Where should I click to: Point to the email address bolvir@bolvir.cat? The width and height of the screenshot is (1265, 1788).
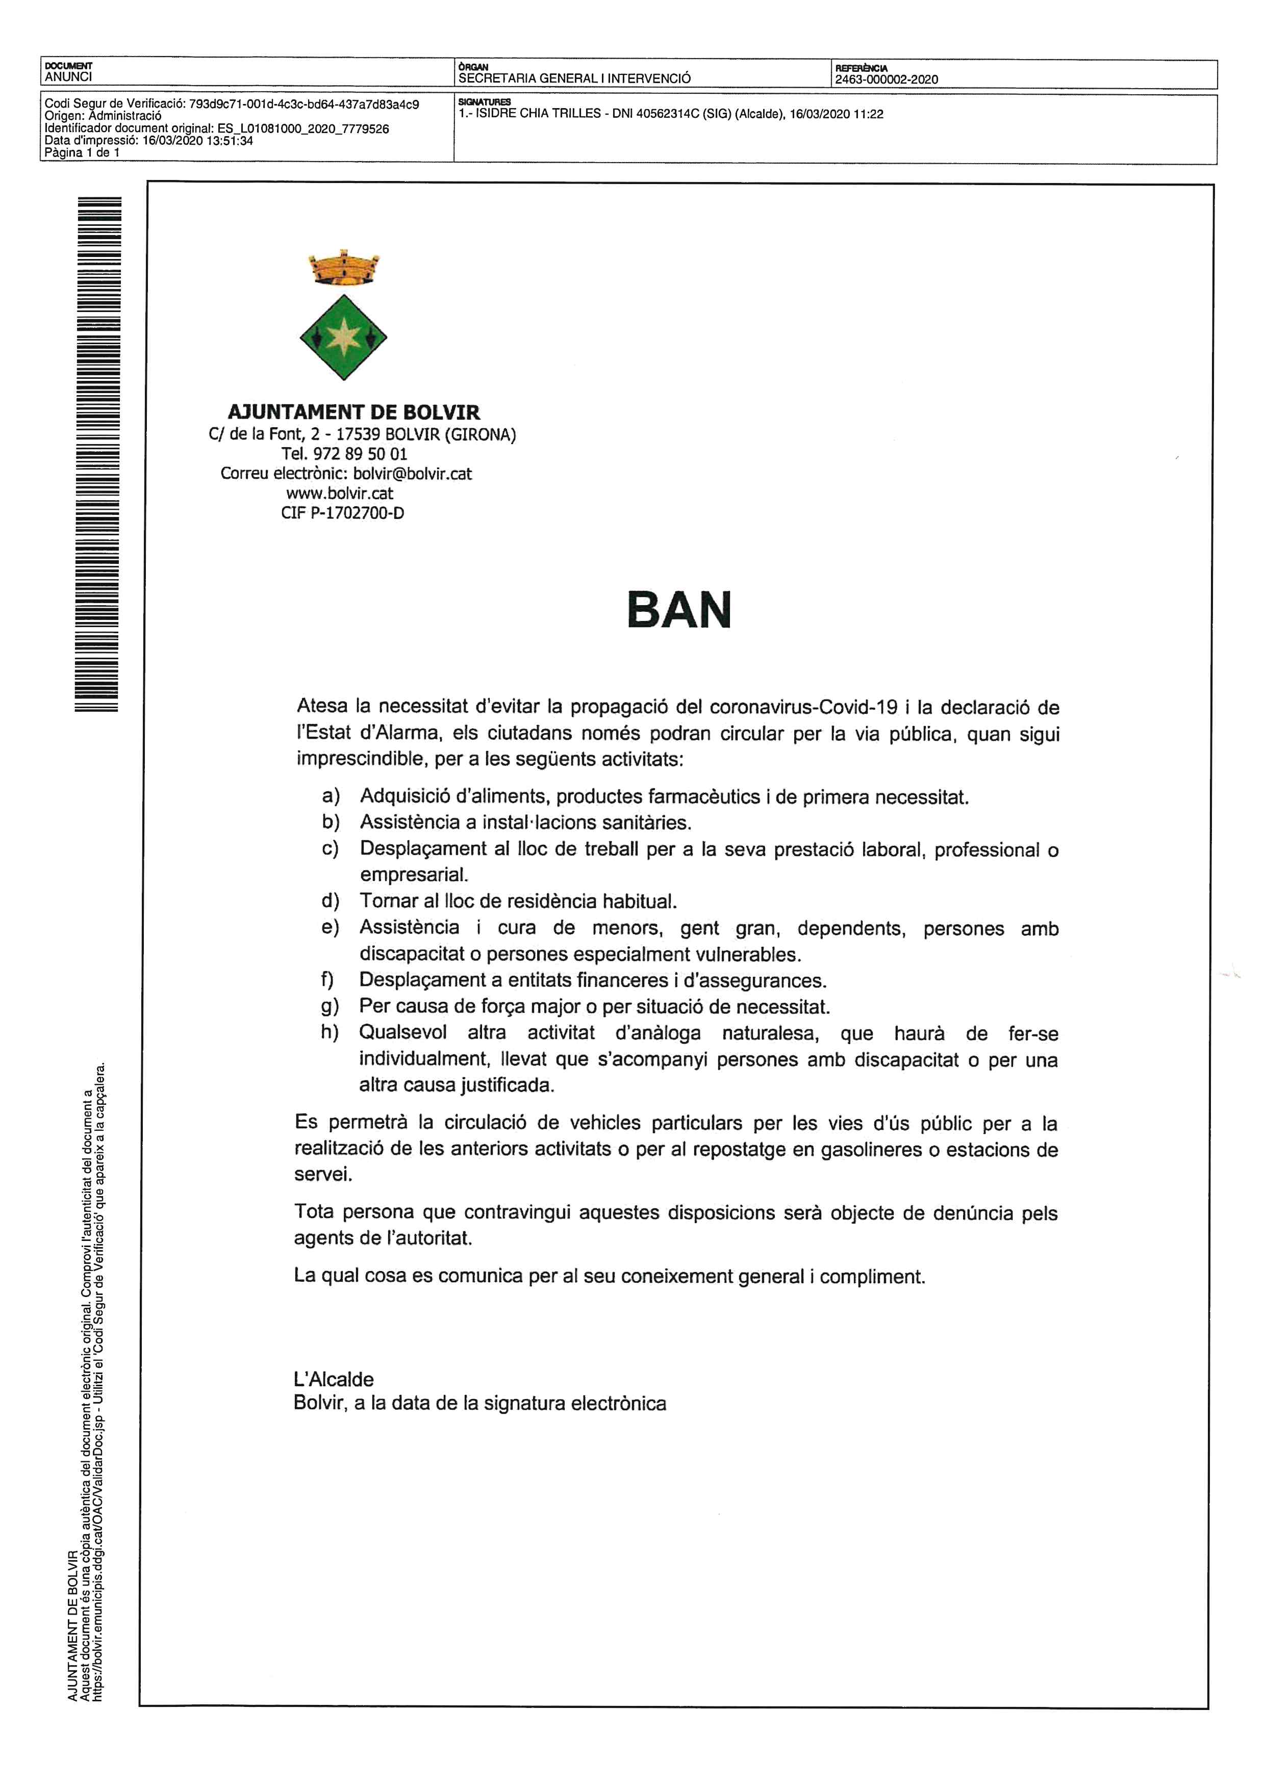(x=412, y=474)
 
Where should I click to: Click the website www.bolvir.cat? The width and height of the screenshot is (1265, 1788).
(x=340, y=493)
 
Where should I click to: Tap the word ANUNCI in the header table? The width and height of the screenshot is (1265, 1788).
(x=68, y=77)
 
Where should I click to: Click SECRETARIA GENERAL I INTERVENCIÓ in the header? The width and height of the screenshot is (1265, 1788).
(x=574, y=78)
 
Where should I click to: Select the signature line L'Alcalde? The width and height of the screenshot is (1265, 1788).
(x=334, y=1379)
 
